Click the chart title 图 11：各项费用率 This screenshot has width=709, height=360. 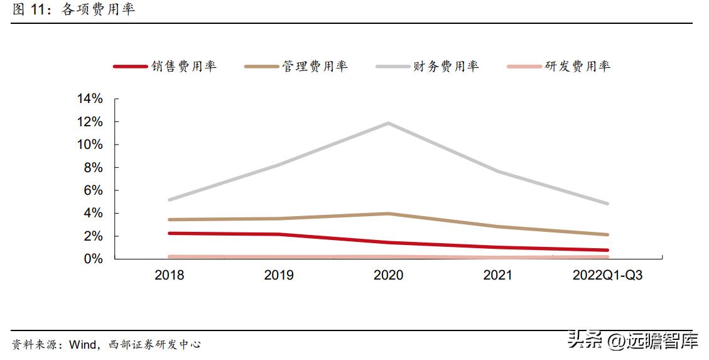[x=73, y=10]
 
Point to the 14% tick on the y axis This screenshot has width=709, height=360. [x=90, y=99]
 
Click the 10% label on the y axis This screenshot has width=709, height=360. [x=90, y=145]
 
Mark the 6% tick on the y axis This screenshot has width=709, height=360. [x=93, y=190]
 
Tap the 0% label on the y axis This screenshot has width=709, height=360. [x=93, y=259]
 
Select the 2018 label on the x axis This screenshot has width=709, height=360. [x=170, y=275]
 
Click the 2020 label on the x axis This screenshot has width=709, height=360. [x=388, y=275]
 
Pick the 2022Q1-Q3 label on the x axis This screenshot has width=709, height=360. [x=607, y=275]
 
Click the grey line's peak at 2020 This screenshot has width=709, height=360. [x=389, y=123]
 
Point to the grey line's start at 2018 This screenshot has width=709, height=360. [x=170, y=200]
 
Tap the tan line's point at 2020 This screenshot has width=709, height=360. [x=389, y=214]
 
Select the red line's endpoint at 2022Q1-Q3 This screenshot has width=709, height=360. [x=607, y=250]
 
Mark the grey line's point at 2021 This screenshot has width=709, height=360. [x=498, y=172]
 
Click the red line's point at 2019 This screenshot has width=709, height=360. [x=279, y=234]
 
